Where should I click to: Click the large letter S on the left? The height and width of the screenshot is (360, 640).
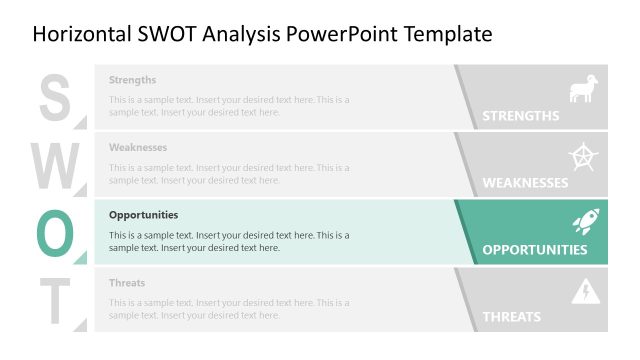click(55, 97)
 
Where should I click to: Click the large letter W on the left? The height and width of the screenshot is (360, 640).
click(57, 164)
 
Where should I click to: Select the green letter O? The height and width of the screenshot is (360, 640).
click(56, 232)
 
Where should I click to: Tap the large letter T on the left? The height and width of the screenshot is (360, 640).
click(56, 299)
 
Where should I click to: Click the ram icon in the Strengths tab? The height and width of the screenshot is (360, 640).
click(582, 89)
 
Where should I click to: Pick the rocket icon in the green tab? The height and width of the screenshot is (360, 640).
click(584, 223)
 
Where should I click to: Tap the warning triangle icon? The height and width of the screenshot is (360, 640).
click(583, 292)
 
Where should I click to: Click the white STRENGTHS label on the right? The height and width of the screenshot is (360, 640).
click(520, 116)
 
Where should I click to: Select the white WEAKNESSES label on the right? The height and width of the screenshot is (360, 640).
click(525, 183)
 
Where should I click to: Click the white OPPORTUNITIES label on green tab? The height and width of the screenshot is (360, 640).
click(534, 250)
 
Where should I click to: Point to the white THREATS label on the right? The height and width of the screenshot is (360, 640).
click(511, 317)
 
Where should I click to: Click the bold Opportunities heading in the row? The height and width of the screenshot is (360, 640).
click(143, 215)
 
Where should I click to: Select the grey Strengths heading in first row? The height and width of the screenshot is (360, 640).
click(132, 80)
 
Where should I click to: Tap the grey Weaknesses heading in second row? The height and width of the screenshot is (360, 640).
click(137, 147)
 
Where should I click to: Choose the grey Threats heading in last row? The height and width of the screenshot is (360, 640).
click(127, 283)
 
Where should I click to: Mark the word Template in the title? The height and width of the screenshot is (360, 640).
click(448, 35)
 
